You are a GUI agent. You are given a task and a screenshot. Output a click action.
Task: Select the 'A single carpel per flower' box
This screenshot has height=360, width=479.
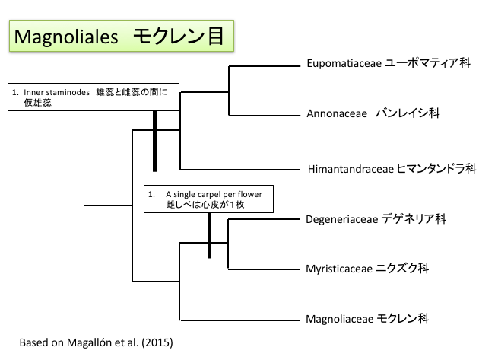coord(208,199)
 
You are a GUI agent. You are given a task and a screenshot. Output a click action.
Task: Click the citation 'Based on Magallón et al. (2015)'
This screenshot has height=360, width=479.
coord(97,342)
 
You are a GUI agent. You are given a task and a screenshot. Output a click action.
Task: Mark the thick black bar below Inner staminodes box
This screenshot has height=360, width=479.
coord(154,142)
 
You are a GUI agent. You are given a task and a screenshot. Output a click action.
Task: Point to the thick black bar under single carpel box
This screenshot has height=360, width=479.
coord(209,235)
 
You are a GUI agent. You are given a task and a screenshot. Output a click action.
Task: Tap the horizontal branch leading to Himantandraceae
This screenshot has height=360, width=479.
coord(239,169)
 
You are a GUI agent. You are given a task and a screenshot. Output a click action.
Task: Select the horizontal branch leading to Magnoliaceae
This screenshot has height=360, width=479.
coord(239,319)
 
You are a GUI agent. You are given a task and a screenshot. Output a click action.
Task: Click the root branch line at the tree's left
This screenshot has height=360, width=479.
coord(107,205)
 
